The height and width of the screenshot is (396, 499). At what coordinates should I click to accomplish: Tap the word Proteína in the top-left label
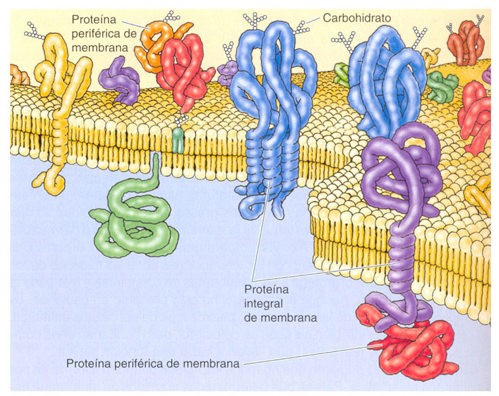[91, 20]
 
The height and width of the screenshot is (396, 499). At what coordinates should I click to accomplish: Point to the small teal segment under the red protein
[177, 139]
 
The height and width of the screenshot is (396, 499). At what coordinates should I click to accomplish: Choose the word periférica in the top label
[100, 32]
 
